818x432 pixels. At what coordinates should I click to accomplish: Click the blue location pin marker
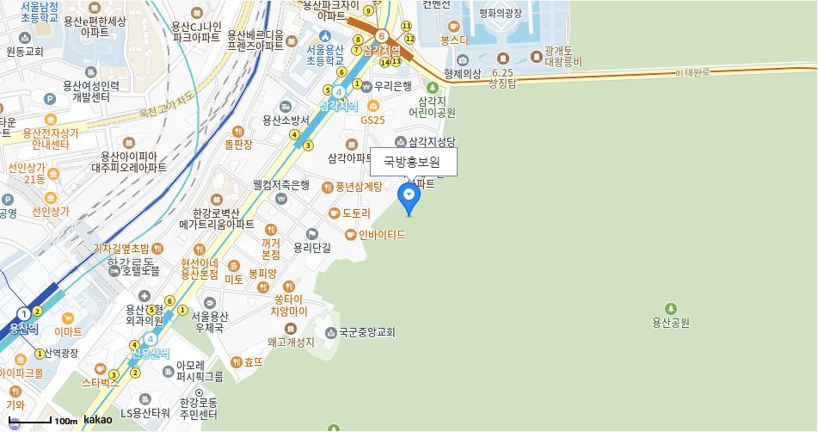tap(409, 197)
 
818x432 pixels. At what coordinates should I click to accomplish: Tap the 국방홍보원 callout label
tap(413, 162)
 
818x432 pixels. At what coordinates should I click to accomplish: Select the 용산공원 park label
tap(671, 323)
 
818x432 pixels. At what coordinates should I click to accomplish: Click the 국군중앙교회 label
tap(366, 331)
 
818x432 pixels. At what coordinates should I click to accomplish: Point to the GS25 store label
tap(372, 120)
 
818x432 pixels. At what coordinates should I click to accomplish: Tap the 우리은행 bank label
tap(393, 86)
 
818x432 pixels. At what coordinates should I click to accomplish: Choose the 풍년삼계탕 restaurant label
tap(358, 187)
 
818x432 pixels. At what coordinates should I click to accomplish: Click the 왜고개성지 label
tap(291, 343)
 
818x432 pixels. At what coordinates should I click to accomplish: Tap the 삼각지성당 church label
tap(431, 141)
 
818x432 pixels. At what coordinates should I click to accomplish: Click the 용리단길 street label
tap(311, 247)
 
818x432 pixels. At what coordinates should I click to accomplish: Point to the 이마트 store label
tap(68, 331)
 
